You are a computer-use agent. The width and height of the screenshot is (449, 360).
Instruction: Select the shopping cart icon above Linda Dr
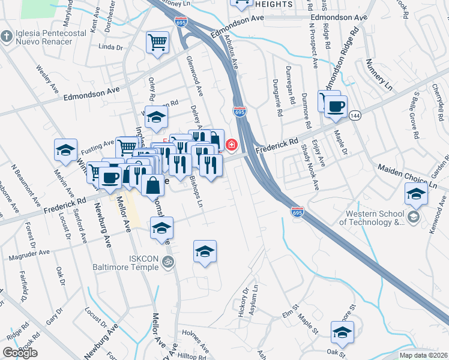tap(157, 42)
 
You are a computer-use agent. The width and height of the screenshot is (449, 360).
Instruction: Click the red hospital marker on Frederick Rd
tap(232, 145)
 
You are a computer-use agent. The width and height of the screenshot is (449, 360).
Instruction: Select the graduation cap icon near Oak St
tap(342, 331)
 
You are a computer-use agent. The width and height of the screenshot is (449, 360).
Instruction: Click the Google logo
tap(20, 353)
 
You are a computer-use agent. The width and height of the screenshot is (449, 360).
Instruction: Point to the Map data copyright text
tap(424, 355)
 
